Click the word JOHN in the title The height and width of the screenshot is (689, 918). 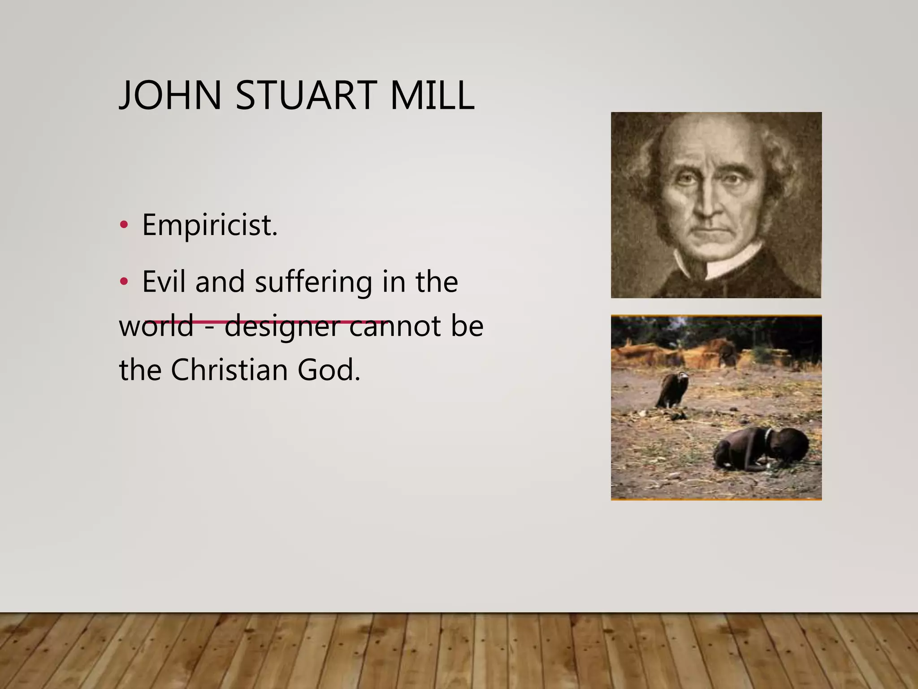tap(170, 95)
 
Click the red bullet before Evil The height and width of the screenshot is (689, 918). tap(124, 282)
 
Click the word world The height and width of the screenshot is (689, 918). tap(156, 326)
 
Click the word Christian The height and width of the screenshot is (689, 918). tap(229, 370)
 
